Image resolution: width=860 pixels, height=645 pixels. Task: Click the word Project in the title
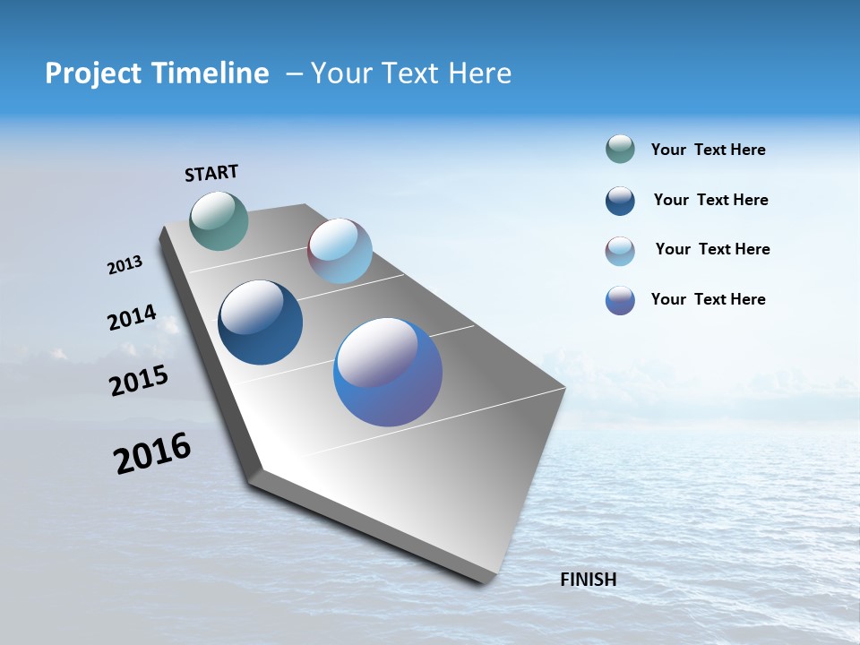[88, 74]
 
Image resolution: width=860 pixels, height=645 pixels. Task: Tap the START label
[211, 173]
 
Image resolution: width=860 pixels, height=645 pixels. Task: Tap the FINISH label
[589, 580]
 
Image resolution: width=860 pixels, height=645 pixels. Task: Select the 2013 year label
[125, 265]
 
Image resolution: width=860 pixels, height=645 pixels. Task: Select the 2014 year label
[132, 317]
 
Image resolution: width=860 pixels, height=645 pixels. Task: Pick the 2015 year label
[139, 381]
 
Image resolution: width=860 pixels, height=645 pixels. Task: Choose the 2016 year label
[152, 452]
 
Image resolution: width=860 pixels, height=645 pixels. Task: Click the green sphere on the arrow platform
[219, 220]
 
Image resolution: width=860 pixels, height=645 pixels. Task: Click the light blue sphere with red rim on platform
[340, 251]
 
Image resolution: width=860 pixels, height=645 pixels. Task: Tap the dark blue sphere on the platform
[261, 322]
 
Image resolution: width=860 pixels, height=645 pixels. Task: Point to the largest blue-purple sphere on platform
[388, 372]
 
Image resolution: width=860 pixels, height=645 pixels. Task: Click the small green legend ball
[620, 149]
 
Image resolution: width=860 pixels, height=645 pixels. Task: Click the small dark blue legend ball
[620, 201]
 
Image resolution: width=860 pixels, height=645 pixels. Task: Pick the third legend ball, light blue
[620, 251]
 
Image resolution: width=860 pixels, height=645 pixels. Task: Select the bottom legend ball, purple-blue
[620, 300]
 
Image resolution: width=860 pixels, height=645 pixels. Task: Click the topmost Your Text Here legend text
[708, 150]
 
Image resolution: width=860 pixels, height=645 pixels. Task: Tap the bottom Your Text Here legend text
[708, 299]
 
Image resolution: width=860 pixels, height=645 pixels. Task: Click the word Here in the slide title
[479, 73]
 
